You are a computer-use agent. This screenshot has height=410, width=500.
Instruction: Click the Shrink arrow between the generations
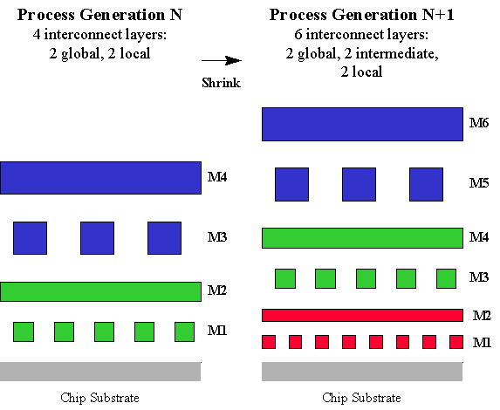[x=222, y=60]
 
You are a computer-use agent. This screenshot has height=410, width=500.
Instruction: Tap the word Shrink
[x=221, y=83]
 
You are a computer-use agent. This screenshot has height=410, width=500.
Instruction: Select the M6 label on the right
[x=479, y=123]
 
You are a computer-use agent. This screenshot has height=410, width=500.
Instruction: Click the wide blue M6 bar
[x=362, y=125]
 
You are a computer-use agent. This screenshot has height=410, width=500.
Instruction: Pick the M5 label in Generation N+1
[x=479, y=183]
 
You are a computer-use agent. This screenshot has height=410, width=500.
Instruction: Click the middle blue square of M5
[x=359, y=184]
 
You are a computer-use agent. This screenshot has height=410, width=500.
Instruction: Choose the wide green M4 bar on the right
[x=362, y=238]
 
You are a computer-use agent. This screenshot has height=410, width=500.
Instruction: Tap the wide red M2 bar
[x=362, y=315]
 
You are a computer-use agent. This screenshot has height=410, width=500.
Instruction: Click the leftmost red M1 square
[x=269, y=342]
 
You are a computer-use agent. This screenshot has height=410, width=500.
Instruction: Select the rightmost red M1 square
[x=456, y=342]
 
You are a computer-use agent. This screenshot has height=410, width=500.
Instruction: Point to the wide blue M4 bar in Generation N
[x=100, y=178]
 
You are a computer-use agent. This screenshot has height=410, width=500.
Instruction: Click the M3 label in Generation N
[x=216, y=237]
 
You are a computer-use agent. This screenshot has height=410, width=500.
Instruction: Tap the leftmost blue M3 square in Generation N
[x=30, y=238]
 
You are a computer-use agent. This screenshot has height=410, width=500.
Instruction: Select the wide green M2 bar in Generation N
[x=100, y=291]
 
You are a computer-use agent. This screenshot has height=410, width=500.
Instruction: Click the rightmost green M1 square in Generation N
[x=185, y=331]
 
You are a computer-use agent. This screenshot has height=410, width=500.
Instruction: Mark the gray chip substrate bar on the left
[x=100, y=372]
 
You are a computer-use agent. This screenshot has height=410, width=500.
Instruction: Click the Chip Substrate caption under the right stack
[x=361, y=398]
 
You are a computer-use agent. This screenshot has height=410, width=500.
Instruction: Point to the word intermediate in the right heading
[x=397, y=53]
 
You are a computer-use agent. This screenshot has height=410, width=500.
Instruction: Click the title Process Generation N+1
[x=361, y=15]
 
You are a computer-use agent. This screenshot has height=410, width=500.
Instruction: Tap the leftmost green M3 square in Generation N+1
[x=285, y=278]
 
